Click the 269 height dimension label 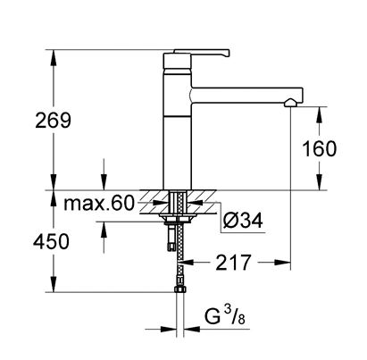53,121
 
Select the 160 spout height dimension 319,149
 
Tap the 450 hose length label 51,241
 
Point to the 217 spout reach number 233,263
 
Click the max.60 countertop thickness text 99,204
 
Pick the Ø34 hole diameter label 243,221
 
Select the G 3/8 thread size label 225,316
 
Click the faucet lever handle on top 202,53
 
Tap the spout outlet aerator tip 290,103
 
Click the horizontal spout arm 246,96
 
